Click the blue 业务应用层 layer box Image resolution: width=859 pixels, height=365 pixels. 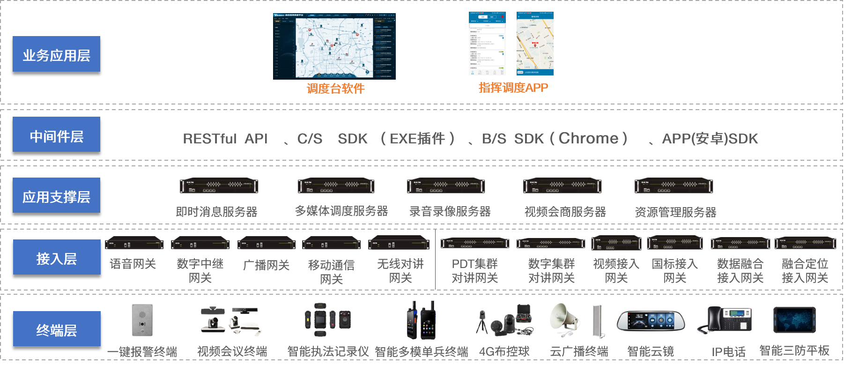56,54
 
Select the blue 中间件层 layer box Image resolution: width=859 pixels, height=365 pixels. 56,134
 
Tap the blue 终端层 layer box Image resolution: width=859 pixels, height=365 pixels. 57,329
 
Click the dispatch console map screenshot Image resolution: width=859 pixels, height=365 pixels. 334,46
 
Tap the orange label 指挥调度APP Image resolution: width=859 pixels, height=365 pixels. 513,88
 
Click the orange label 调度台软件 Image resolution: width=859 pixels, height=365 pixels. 335,89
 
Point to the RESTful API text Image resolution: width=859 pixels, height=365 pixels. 225,139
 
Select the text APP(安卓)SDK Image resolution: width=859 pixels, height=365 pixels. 710,139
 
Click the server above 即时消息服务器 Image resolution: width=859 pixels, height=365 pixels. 219,186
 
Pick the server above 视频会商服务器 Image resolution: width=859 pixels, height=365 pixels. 562,186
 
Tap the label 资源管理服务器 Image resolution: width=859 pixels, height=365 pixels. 675,212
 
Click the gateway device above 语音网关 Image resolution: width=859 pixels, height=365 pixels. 134,244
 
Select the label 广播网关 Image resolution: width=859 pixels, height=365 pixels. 266,265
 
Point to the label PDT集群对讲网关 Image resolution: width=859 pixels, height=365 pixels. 474,271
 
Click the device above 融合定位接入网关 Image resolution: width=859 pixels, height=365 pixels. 805,243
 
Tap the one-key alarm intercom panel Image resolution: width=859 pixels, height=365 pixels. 142,320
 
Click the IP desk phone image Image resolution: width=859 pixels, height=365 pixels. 724,320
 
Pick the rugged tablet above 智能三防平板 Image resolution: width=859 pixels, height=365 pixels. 794,320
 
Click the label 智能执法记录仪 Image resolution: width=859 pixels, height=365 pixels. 328,351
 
